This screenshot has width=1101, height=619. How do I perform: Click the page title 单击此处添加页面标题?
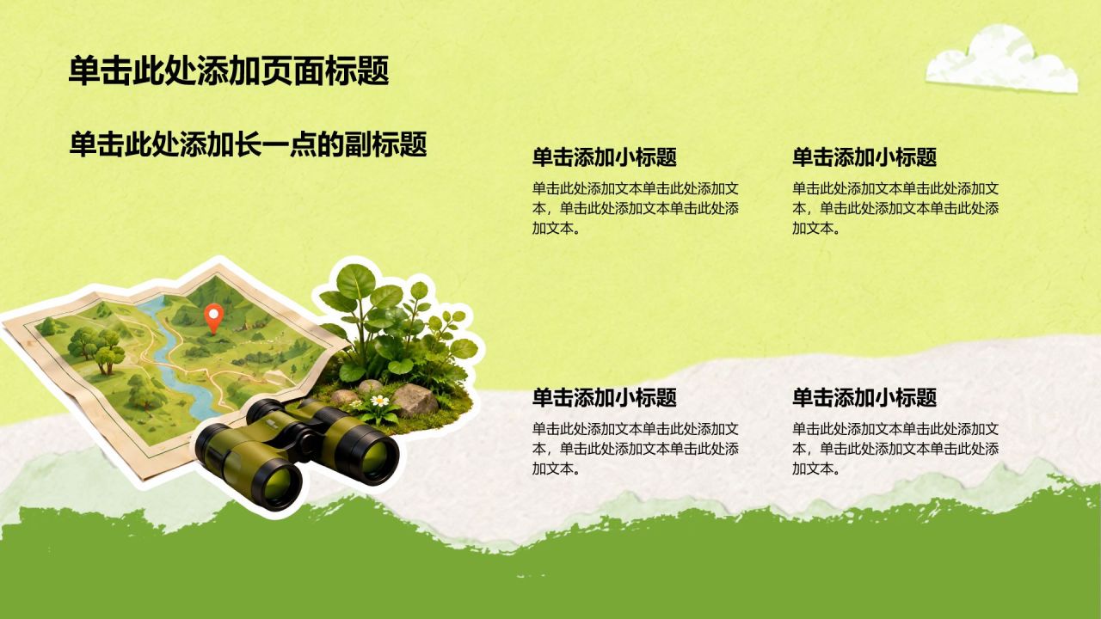[x=229, y=70]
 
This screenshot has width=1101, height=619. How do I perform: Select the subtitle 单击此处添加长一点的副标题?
[x=249, y=144]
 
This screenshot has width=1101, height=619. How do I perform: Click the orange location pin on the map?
[x=214, y=318]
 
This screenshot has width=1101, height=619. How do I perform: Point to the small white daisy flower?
[x=379, y=401]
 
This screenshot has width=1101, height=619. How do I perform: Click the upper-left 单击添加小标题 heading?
[x=605, y=157]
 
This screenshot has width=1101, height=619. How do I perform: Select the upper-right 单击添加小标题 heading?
[x=864, y=157]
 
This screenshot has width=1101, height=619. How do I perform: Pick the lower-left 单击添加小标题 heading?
[x=605, y=397]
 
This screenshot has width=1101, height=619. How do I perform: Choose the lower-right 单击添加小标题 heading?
[x=864, y=397]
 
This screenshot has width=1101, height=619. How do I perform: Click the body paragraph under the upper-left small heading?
[x=636, y=208]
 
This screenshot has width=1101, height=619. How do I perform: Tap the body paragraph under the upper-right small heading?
[x=895, y=208]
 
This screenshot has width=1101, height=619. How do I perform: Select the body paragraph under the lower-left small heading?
[x=636, y=449]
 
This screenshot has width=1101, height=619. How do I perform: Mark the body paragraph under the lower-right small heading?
[x=895, y=449]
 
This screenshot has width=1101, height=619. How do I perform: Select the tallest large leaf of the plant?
[x=355, y=281]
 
